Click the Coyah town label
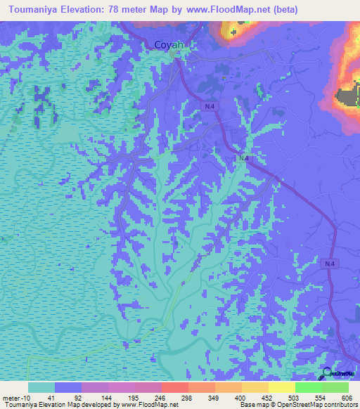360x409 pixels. [169, 45]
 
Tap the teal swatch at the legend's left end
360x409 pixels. [41, 387]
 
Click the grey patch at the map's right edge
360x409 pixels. [348, 98]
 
